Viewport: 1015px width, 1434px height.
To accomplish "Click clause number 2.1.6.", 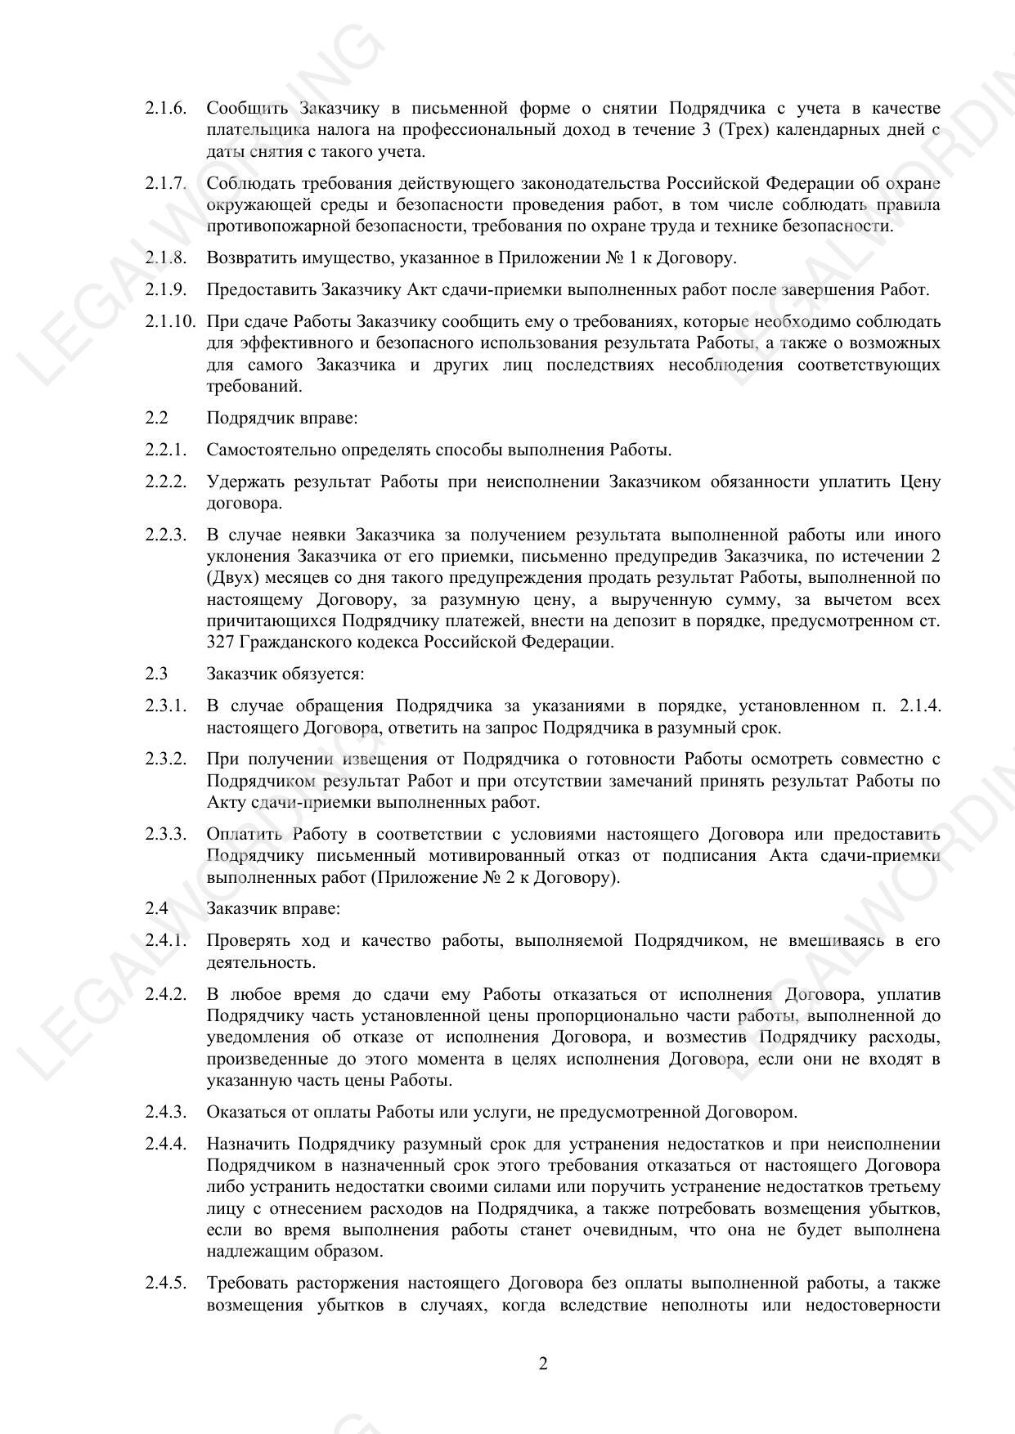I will click(166, 109).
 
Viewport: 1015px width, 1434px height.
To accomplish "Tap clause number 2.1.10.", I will click(170, 321).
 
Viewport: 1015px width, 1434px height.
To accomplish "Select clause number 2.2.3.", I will click(166, 536).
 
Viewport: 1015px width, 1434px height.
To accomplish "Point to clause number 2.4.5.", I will click(166, 1284).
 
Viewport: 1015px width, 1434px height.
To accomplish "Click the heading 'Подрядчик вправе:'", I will click(281, 418).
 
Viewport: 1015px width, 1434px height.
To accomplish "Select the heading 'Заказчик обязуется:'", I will click(285, 674).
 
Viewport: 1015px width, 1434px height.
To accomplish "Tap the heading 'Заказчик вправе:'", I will click(273, 908).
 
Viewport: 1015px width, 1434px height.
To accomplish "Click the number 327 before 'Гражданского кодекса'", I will click(221, 642).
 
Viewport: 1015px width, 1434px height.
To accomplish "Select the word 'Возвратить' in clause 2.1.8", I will click(248, 258).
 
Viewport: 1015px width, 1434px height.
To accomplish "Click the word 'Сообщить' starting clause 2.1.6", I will click(242, 109).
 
